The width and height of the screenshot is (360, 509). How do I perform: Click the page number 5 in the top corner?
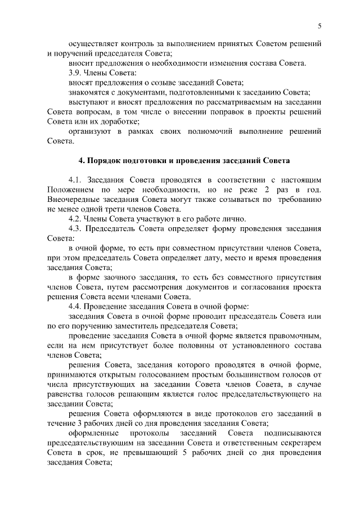pos(319,25)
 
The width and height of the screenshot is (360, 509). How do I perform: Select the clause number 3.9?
pos(75,73)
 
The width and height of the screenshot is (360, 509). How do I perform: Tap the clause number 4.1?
pos(75,179)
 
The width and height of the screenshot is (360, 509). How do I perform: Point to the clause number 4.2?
pos(75,218)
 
